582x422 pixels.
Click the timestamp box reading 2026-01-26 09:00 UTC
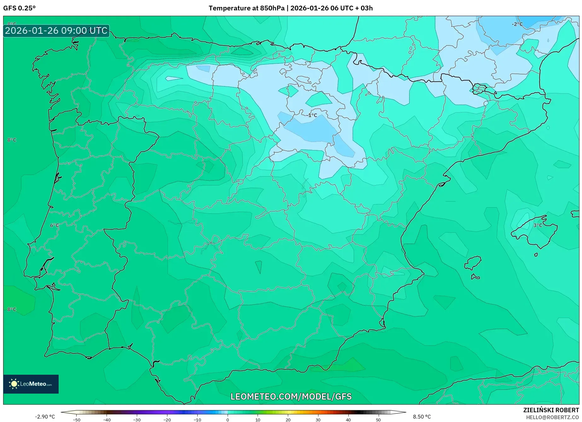[x=56, y=31]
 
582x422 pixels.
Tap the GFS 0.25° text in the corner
[x=19, y=8]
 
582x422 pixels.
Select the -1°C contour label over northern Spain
[x=312, y=115]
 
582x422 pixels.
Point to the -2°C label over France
[x=517, y=24]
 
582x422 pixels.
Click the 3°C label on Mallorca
[x=538, y=225]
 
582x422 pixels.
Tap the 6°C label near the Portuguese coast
[x=55, y=225]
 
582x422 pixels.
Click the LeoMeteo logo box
[x=31, y=384]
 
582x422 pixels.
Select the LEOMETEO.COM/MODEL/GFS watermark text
[x=291, y=396]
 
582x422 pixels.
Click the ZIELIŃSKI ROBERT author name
[x=551, y=410]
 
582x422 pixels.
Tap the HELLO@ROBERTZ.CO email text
[x=552, y=417]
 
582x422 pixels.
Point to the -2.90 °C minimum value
[x=45, y=417]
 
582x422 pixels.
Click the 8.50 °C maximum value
[x=422, y=417]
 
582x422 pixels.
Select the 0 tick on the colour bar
[x=228, y=419]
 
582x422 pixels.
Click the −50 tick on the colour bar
[x=77, y=419]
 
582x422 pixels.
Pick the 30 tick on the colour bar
[x=318, y=419]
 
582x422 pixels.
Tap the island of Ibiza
[x=473, y=263]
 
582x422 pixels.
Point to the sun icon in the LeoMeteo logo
[x=14, y=384]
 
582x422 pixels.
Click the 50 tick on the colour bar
[x=378, y=419]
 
